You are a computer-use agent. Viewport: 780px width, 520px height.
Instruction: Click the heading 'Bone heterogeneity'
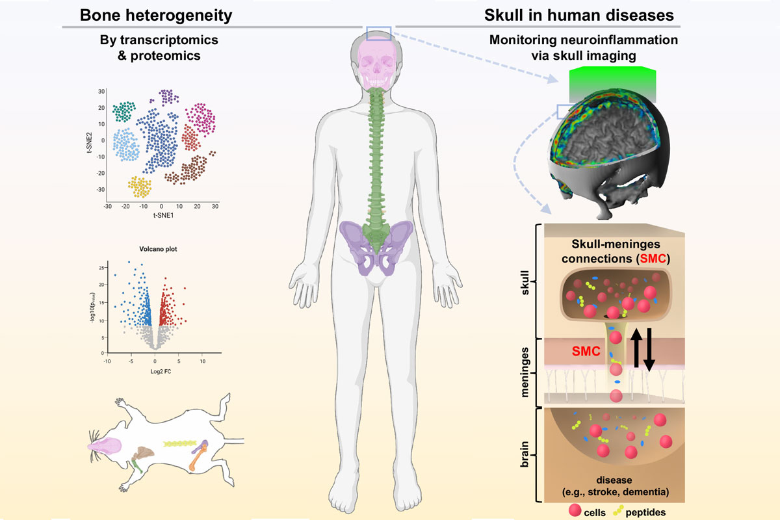click(x=156, y=16)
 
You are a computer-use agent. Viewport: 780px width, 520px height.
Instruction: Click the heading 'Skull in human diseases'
click(x=578, y=16)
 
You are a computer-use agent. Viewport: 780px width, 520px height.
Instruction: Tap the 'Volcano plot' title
click(x=158, y=249)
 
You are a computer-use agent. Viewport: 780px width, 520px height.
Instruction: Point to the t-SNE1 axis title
click(x=163, y=215)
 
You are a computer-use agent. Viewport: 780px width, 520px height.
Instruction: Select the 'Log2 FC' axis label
click(x=161, y=372)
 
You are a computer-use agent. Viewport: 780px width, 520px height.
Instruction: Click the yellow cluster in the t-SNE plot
click(x=140, y=187)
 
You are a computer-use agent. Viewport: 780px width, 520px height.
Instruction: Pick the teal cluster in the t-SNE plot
click(x=124, y=111)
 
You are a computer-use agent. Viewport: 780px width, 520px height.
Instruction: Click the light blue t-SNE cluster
click(x=126, y=144)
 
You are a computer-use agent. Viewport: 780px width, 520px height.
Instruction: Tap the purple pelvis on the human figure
click(x=376, y=246)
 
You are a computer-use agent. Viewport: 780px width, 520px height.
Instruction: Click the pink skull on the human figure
click(x=377, y=62)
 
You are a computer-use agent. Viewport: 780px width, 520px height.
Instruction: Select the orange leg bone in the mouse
click(x=198, y=457)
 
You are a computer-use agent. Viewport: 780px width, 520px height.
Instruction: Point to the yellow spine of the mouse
click(x=180, y=443)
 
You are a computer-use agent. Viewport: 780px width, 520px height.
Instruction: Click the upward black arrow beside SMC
click(x=636, y=348)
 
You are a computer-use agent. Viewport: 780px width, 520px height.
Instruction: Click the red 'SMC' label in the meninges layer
click(x=586, y=351)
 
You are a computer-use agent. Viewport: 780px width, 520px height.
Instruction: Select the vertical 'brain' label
click(x=525, y=454)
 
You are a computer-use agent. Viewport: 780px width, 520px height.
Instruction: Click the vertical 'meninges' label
click(x=525, y=372)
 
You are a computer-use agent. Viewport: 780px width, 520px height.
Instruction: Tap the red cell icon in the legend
click(x=575, y=510)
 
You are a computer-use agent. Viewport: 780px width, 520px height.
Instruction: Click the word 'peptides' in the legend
click(x=645, y=512)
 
